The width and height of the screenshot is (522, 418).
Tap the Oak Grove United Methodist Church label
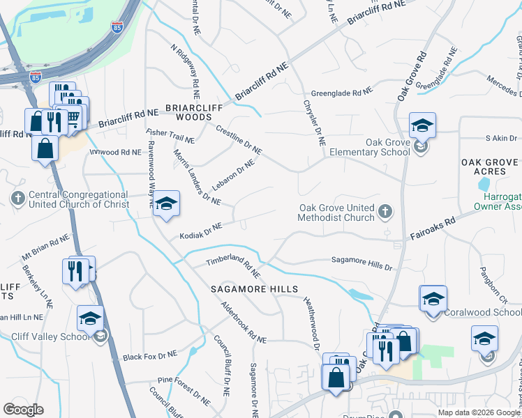337,212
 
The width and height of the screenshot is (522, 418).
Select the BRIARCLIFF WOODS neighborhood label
188,113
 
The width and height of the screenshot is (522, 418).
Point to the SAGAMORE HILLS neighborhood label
255,289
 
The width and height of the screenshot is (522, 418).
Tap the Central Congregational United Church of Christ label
79,199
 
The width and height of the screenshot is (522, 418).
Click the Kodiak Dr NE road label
200,231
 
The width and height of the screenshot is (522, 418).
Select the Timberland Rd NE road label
233,266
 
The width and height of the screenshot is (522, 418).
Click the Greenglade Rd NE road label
342,92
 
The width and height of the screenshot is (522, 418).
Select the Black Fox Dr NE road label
150,356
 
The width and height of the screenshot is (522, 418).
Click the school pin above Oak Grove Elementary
422,126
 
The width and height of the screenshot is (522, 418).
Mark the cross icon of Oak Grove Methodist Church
385,210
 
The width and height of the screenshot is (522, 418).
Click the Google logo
23,410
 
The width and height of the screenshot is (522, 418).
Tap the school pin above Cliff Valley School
90,319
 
